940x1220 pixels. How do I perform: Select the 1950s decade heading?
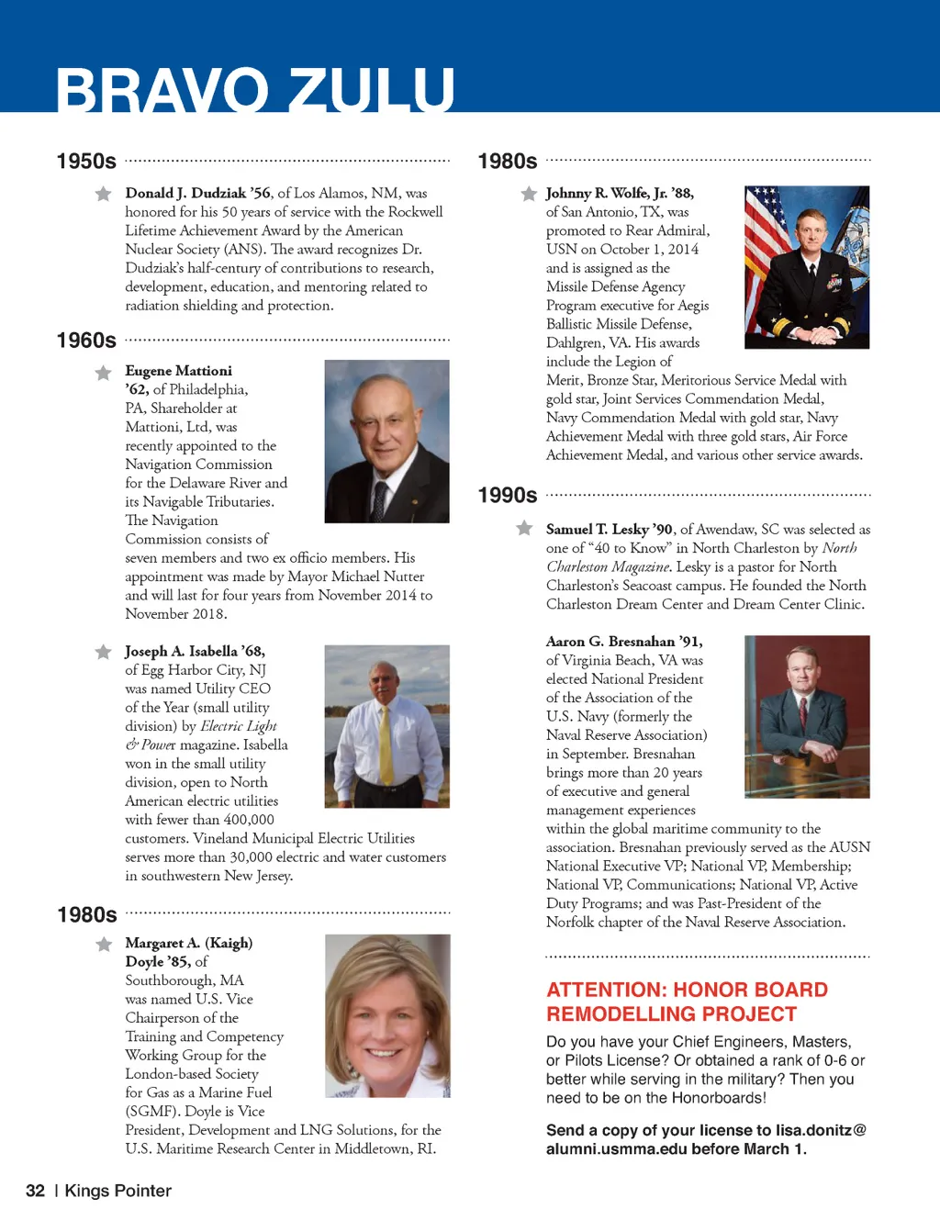click(x=86, y=162)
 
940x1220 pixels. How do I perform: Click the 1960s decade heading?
click(x=86, y=341)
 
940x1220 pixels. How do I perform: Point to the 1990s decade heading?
click(x=508, y=496)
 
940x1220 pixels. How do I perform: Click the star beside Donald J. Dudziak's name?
click(x=104, y=194)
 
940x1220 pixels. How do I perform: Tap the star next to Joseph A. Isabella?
click(x=104, y=652)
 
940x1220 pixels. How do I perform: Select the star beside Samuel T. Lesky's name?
click(x=524, y=528)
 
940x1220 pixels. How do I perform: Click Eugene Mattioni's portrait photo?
click(x=386, y=442)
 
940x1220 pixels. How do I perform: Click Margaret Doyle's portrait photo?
click(x=387, y=1015)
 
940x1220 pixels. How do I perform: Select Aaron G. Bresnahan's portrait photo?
click(x=806, y=716)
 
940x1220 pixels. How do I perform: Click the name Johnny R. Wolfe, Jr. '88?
click(x=620, y=193)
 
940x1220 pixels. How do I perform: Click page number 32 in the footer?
click(x=35, y=1191)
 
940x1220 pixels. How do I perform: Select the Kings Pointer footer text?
click(x=117, y=1191)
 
